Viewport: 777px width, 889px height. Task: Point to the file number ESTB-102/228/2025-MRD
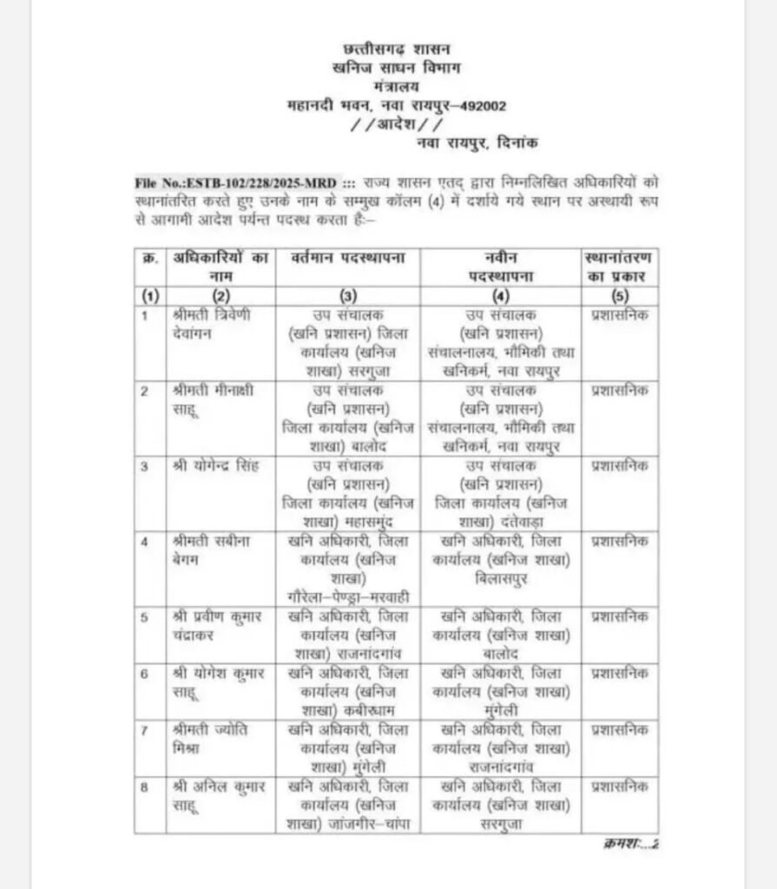pos(236,185)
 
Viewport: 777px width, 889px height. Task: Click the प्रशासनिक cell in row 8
pos(619,787)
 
